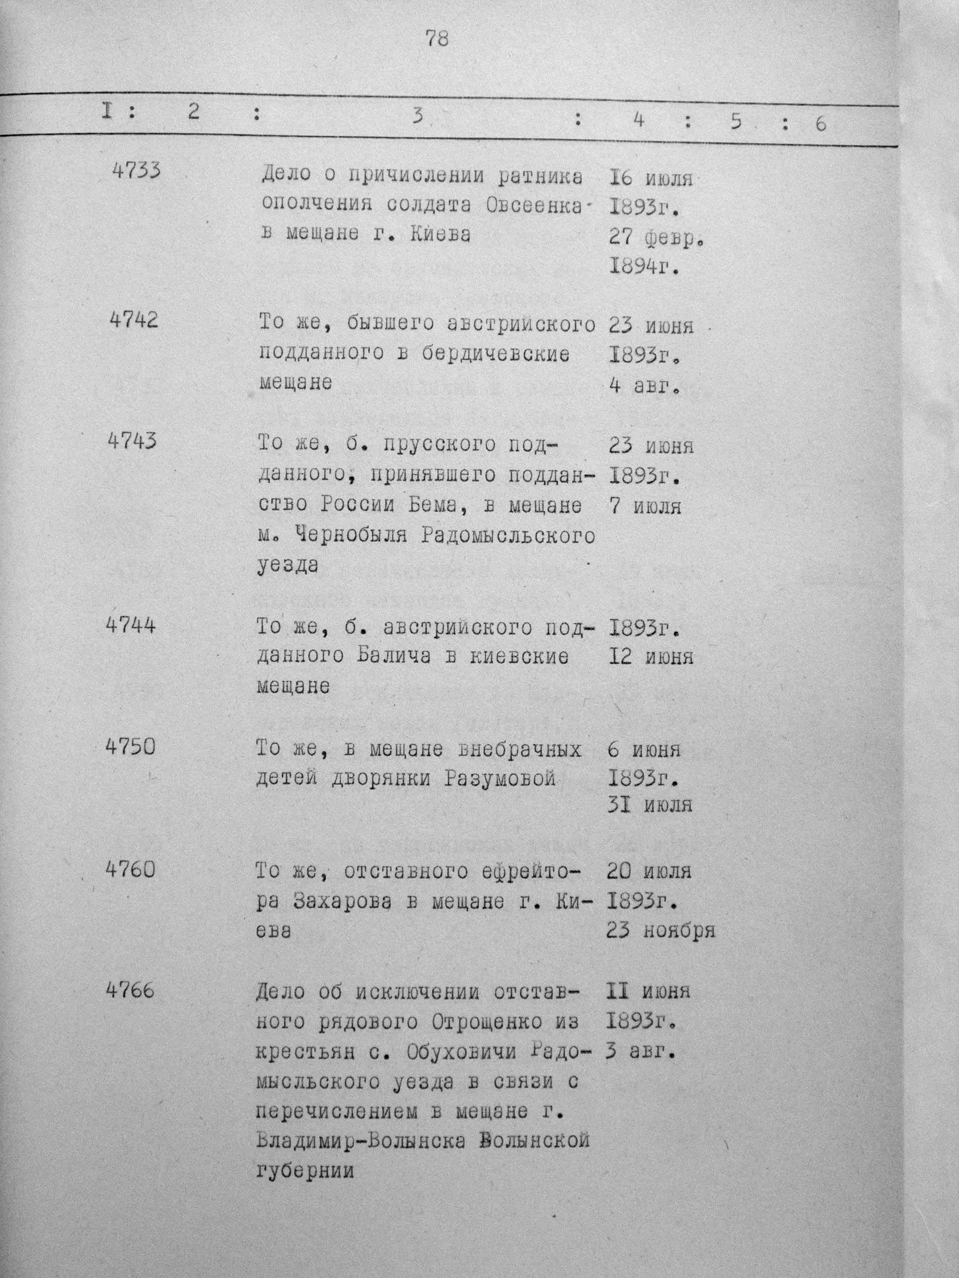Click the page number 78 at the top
coord(437,39)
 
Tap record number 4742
coord(134,320)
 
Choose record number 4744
coord(131,625)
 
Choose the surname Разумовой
coord(501,780)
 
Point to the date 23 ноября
coord(661,930)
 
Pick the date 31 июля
coord(650,805)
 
